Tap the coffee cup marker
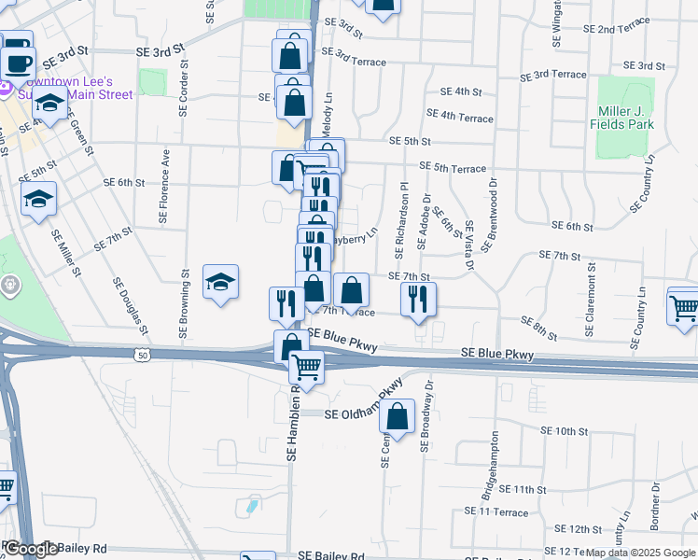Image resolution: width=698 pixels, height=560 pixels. (x=17, y=63)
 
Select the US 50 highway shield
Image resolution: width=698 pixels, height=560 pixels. (x=142, y=355)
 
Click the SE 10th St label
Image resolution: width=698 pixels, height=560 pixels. (x=564, y=431)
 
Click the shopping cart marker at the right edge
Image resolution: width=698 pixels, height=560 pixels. (x=684, y=305)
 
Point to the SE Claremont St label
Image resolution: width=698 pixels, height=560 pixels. (x=590, y=299)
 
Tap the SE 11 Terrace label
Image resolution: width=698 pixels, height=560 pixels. (x=496, y=512)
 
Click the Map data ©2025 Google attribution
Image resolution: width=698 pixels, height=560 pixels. (x=641, y=553)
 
